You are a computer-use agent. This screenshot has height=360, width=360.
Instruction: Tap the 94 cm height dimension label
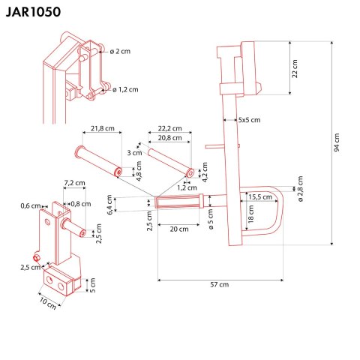pyautogui.click(x=337, y=144)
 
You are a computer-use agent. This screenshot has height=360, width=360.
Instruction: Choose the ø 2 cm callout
pyautogui.click(x=119, y=51)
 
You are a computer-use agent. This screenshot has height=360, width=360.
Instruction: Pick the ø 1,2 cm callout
pyautogui.click(x=125, y=89)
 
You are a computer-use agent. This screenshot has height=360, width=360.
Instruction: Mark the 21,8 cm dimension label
pyautogui.click(x=103, y=128)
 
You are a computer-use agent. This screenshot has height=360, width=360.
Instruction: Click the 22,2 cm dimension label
pyautogui.click(x=172, y=128)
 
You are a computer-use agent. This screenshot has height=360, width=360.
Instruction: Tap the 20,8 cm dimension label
pyautogui.click(x=172, y=138)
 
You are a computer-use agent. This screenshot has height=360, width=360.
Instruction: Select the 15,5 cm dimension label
pyautogui.click(x=261, y=196)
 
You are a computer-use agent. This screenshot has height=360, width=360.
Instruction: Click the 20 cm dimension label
pyautogui.click(x=178, y=229)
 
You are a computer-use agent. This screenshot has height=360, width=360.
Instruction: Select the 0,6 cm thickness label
pyautogui.click(x=31, y=205)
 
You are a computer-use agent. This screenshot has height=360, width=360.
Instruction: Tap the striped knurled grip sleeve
pyautogui.click(x=180, y=203)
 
